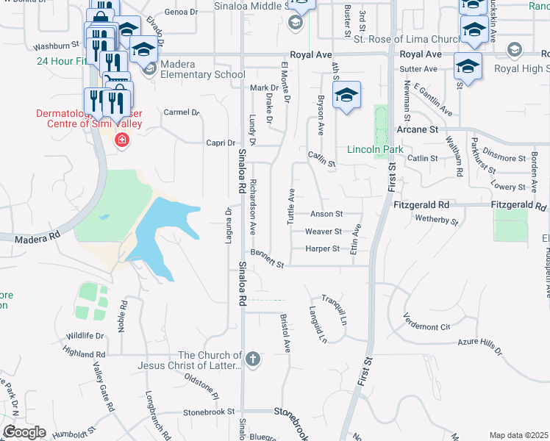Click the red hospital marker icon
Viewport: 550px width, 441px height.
tap(121, 140)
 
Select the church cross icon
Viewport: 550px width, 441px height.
tap(252, 359)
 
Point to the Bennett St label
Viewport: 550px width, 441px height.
tap(267, 258)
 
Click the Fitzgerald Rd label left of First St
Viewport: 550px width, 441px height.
tap(421, 205)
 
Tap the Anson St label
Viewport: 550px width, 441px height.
tap(326, 215)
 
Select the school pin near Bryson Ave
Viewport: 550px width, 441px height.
tap(346, 96)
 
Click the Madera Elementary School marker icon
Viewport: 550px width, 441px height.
tap(149, 69)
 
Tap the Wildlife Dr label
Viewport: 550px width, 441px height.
tap(85, 336)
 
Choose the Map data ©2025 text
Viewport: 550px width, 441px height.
tap(518, 435)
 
